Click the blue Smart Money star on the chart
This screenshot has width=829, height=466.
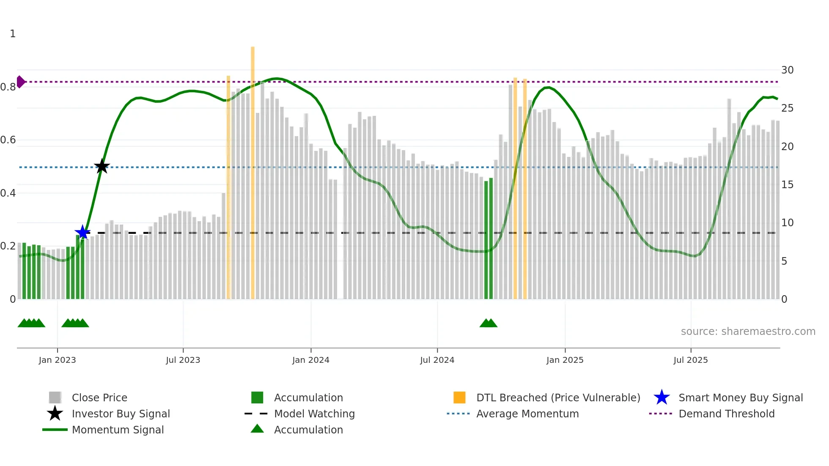[x=82, y=232]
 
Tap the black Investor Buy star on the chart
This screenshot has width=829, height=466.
[x=102, y=166]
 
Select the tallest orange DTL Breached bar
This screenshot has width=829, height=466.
[x=253, y=169]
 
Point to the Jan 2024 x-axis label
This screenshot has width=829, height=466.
[x=310, y=360]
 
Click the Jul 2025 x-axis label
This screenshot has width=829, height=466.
[x=690, y=360]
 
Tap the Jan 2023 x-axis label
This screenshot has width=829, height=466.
[x=57, y=360]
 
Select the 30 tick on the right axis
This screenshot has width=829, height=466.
[x=787, y=70]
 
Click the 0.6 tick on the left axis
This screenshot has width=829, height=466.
[x=8, y=140]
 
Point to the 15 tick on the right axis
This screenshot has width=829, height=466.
[x=787, y=185]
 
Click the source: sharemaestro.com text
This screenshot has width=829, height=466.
[x=748, y=332]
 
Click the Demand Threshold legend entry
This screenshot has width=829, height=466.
[x=726, y=414]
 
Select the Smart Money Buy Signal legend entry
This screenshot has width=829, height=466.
[x=740, y=397]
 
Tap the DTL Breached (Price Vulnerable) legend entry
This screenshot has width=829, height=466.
[x=558, y=397]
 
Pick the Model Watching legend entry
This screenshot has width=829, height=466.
[x=314, y=414]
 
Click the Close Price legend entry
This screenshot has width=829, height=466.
[x=99, y=397]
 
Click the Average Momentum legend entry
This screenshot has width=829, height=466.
[x=527, y=414]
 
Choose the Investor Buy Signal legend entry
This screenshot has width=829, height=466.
[x=121, y=414]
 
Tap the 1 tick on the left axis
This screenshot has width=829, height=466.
[x=13, y=34]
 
